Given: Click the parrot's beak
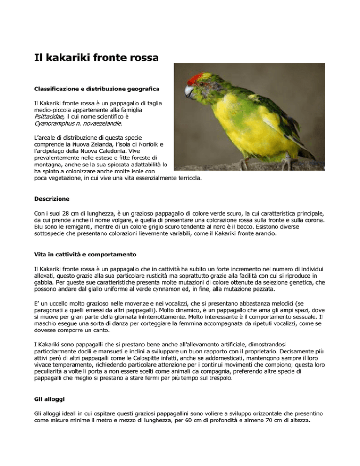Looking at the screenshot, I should pyautogui.click(x=189, y=90).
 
